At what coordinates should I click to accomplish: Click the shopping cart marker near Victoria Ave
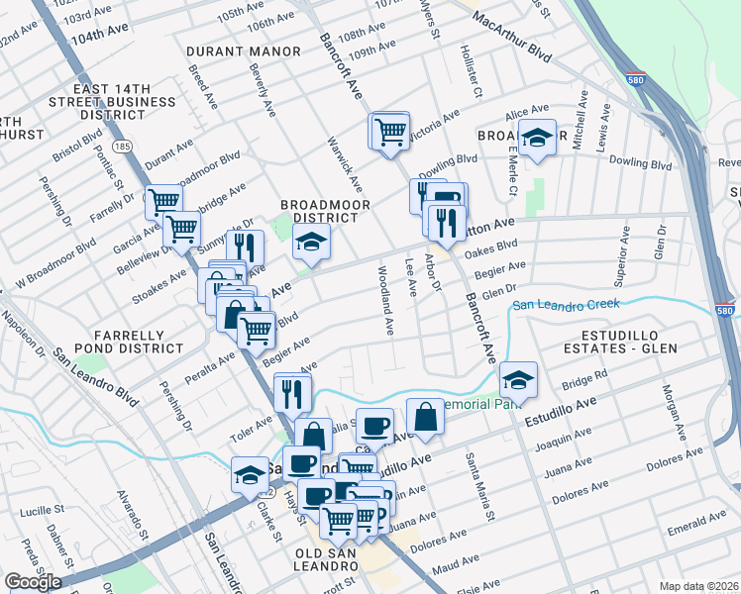390,131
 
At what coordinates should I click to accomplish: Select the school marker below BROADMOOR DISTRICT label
311,244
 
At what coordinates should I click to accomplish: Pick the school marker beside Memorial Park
518,380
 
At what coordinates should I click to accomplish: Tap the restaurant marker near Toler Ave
292,392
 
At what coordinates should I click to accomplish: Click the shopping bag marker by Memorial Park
425,417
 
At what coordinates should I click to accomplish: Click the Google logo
33,581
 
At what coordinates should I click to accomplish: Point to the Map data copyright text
698,585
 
